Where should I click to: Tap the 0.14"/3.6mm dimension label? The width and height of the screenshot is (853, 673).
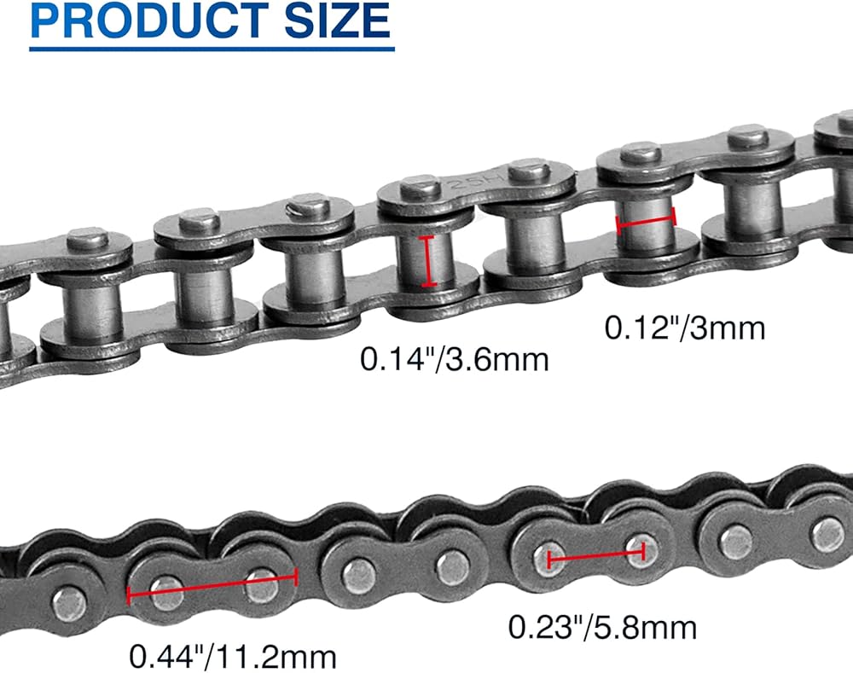[x=455, y=360]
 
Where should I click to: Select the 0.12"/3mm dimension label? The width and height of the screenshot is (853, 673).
[x=685, y=328]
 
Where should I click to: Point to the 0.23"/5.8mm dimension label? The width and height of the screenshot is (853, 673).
[x=602, y=627]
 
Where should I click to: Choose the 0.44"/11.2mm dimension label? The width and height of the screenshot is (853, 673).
[x=233, y=657]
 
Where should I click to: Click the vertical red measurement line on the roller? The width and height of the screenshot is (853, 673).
[x=429, y=261]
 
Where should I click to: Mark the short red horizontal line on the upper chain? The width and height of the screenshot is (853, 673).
[x=646, y=220]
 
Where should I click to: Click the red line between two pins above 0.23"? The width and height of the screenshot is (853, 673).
[x=596, y=555]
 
